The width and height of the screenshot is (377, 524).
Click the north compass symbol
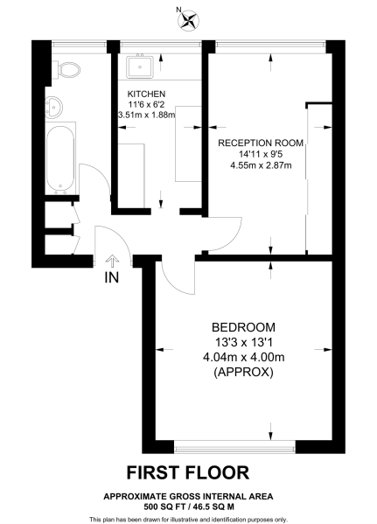click(x=186, y=19)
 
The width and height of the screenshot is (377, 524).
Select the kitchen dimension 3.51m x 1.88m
click(x=146, y=114)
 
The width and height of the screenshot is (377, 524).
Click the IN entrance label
click(x=111, y=279)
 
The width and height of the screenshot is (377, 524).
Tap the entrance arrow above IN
click(x=111, y=260)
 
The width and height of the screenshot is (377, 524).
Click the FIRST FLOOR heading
click(x=187, y=473)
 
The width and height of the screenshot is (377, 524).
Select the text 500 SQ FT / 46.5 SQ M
click(x=187, y=505)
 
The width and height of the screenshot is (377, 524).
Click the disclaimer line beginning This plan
click(x=187, y=516)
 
